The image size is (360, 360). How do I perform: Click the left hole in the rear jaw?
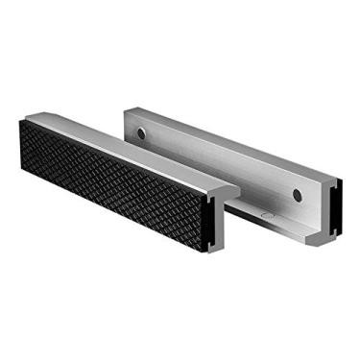141,132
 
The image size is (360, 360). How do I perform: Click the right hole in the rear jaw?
298,196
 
